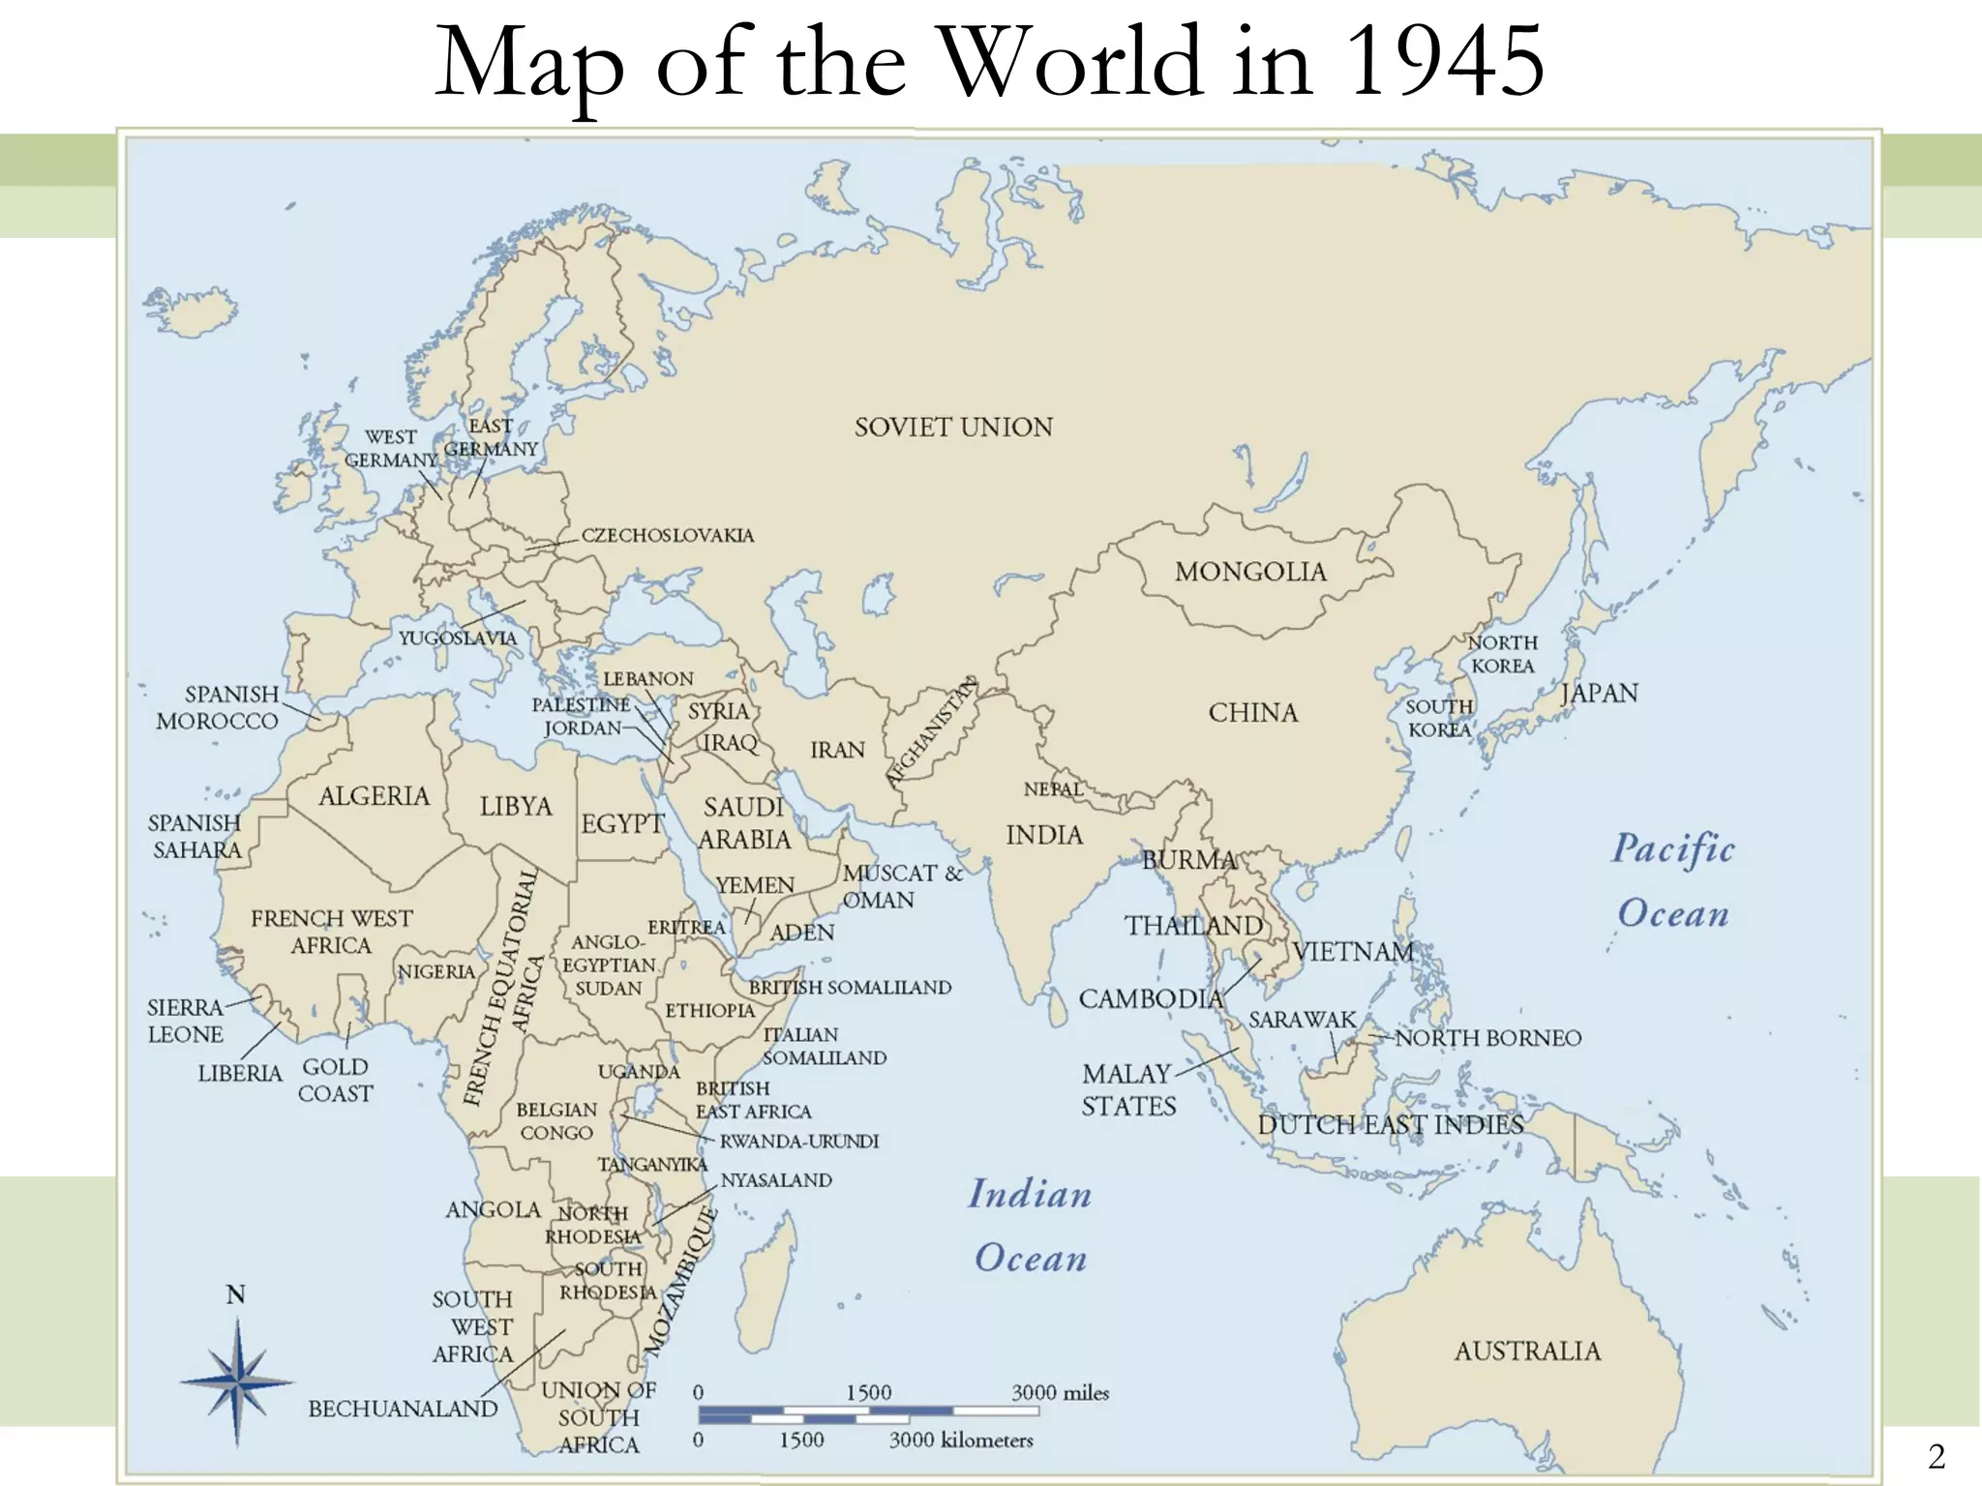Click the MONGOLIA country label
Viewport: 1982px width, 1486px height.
pyautogui.click(x=1249, y=572)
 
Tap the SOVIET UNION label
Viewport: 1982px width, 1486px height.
pyautogui.click(x=953, y=428)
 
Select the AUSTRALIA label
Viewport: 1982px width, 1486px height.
pyautogui.click(x=1527, y=1351)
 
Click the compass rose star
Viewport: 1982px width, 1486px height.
pyautogui.click(x=237, y=1382)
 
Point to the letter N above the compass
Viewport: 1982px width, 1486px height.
pyautogui.click(x=235, y=1294)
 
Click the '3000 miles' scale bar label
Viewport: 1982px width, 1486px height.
pyautogui.click(x=1060, y=1393)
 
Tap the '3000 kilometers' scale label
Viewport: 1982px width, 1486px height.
pyautogui.click(x=961, y=1441)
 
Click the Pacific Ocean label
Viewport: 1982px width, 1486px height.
pyautogui.click(x=1673, y=880)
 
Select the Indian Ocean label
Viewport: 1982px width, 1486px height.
pyautogui.click(x=1031, y=1226)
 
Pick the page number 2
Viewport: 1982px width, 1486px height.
pyautogui.click(x=1936, y=1456)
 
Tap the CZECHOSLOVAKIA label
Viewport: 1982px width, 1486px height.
pyautogui.click(x=667, y=536)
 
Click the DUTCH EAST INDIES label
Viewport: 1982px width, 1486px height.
pyautogui.click(x=1391, y=1125)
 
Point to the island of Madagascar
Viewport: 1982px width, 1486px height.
pyautogui.click(x=769, y=1277)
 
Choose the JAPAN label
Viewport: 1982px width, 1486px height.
pyautogui.click(x=1599, y=694)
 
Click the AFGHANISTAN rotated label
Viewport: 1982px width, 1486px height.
pyautogui.click(x=932, y=731)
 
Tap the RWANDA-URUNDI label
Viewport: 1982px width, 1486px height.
pyautogui.click(x=798, y=1142)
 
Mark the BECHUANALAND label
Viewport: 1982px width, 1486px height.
pyautogui.click(x=403, y=1410)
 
